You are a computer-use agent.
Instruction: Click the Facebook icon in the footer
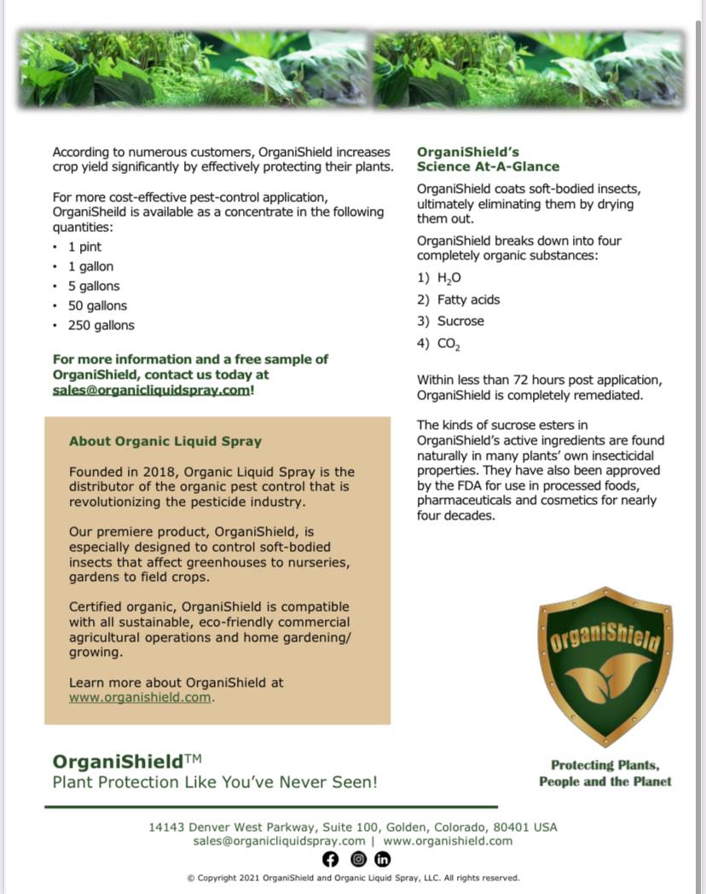(331, 859)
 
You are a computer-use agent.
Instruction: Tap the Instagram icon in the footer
(358, 859)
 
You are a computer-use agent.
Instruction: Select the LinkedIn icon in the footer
(383, 859)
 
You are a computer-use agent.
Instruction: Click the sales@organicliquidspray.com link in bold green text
(152, 390)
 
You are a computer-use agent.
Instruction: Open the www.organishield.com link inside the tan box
(140, 698)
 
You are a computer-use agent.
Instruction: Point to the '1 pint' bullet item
(84, 247)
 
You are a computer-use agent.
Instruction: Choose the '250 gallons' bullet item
(101, 326)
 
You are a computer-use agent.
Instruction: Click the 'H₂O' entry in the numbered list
(449, 278)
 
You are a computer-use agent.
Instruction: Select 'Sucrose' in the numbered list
(460, 322)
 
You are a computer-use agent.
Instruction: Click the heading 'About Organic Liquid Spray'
(165, 442)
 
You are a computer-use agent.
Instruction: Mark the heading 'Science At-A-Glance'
(488, 166)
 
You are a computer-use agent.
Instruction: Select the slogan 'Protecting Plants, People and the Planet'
(605, 774)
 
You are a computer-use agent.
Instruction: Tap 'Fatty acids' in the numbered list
(468, 300)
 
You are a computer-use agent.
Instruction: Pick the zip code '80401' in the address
(513, 827)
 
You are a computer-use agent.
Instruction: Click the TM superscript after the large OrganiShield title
(193, 757)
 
